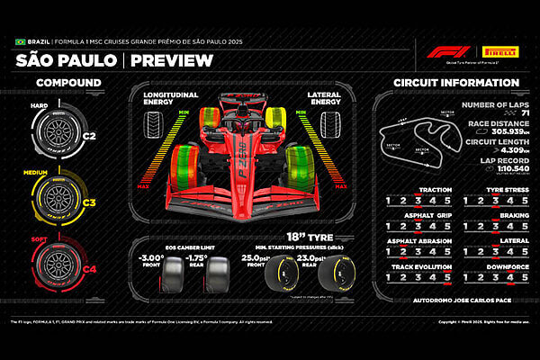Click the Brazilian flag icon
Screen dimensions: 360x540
[x=20, y=42]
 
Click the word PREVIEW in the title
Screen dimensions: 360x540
[x=171, y=61]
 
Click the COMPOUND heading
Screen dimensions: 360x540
[x=68, y=84]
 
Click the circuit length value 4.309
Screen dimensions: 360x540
[x=501, y=149]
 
